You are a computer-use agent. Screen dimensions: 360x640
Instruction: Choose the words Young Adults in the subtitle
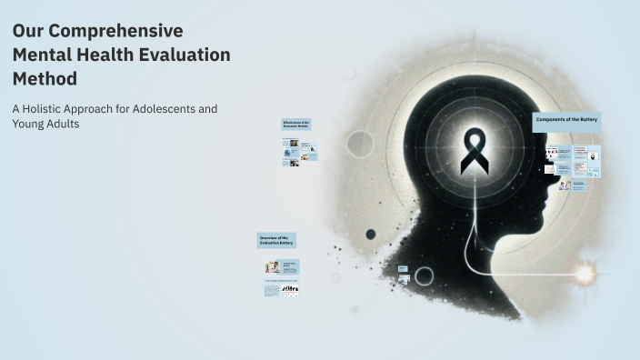(x=46, y=125)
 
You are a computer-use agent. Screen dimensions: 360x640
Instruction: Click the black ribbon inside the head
(x=475, y=152)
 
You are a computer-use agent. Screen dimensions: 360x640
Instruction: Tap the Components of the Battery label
(x=567, y=120)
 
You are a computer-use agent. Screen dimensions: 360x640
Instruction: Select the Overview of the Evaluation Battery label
(x=276, y=240)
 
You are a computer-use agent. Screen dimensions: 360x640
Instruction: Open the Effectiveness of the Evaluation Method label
(x=296, y=124)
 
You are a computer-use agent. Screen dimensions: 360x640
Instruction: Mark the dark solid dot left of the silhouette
(x=371, y=234)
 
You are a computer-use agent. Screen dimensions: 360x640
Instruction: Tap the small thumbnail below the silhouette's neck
(x=403, y=269)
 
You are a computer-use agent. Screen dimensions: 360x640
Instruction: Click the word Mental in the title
(x=43, y=55)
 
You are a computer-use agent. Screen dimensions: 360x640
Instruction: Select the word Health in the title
(x=106, y=55)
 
